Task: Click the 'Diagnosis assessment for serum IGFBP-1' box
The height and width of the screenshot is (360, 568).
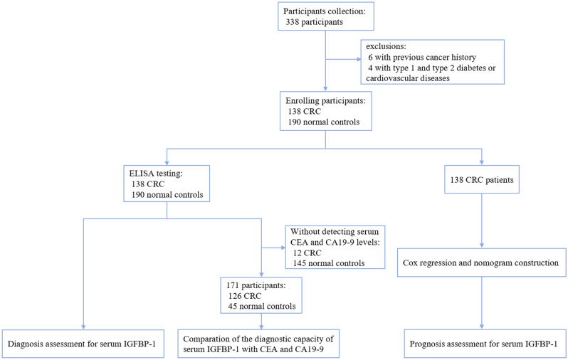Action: [84, 344]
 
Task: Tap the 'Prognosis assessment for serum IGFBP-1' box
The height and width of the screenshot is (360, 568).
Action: [483, 344]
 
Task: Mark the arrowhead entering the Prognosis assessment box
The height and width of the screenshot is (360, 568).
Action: [483, 326]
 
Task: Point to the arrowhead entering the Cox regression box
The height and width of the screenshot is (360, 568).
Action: [483, 245]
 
